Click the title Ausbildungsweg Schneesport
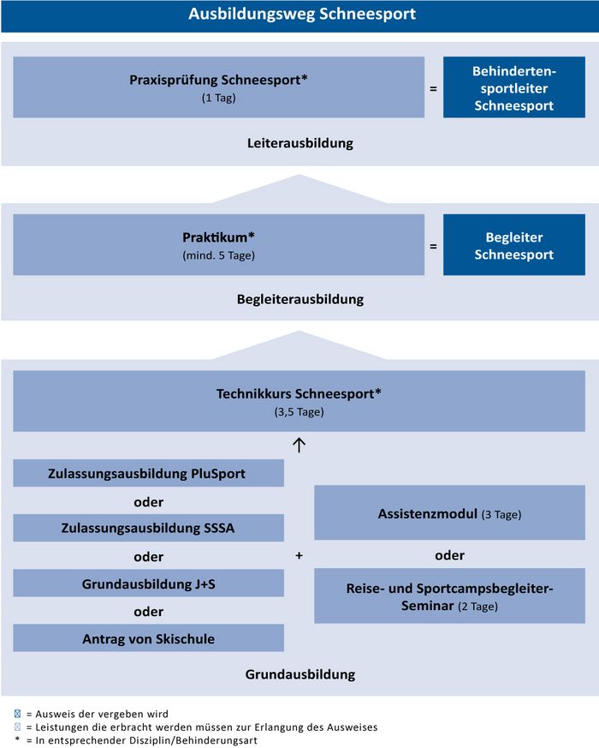302,14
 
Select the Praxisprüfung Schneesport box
219,87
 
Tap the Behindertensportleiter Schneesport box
514,87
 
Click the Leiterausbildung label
300,143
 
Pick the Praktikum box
219,245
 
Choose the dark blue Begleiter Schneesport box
514,245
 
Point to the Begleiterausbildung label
300,299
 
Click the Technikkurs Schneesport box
299,401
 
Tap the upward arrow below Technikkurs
299,445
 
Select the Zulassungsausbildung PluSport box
148,473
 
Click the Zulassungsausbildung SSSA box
148,528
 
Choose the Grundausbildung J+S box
148,583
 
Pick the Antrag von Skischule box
148,637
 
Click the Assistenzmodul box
450,513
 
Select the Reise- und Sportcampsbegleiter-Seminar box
450,595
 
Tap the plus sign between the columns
299,556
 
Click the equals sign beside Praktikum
433,246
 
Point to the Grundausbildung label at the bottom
300,674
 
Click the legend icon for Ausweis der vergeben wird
18,714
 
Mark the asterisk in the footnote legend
18,739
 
